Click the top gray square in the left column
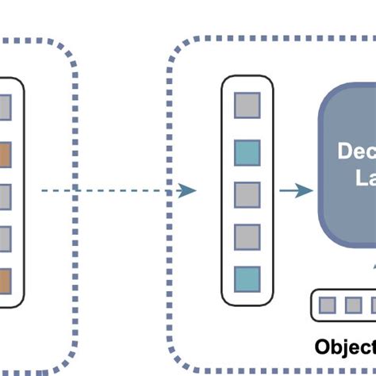[5, 106]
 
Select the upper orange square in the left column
[5, 152]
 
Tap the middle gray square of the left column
[5, 195]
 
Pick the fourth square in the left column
[5, 238]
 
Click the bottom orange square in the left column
[5, 281]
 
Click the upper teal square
[247, 152]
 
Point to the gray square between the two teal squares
[247, 194]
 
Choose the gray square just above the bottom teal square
[247, 237]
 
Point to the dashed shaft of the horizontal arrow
[111, 190]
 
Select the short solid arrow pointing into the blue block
[295, 191]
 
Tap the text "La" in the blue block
[363, 180]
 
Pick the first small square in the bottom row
[328, 305]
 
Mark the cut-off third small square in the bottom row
[372, 305]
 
